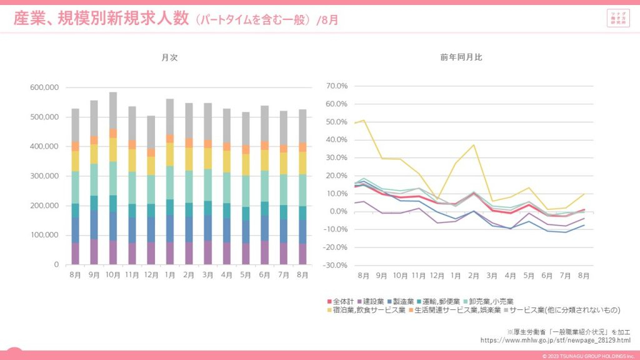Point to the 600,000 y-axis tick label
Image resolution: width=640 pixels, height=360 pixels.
point(44,87)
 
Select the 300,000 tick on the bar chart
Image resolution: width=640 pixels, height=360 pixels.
point(44,176)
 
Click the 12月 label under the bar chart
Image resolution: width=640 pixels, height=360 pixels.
point(151,275)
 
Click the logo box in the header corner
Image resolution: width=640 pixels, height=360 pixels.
point(618,19)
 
